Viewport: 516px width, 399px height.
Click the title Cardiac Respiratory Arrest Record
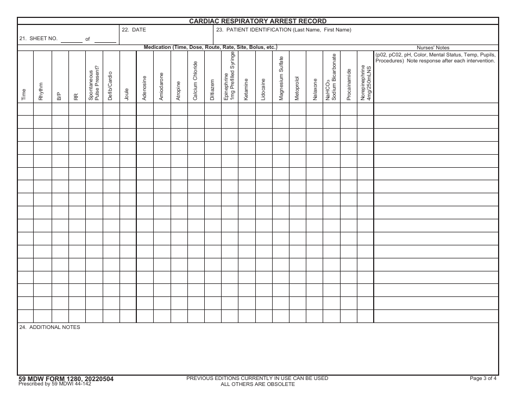coord(257,21)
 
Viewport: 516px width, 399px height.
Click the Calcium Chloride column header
coord(195,81)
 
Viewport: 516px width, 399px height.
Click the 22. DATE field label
coord(134,30)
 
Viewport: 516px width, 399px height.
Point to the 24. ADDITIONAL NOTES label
coord(49,327)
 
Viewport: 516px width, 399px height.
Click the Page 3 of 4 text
coord(483,378)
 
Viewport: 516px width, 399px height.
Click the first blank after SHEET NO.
coord(72,40)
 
